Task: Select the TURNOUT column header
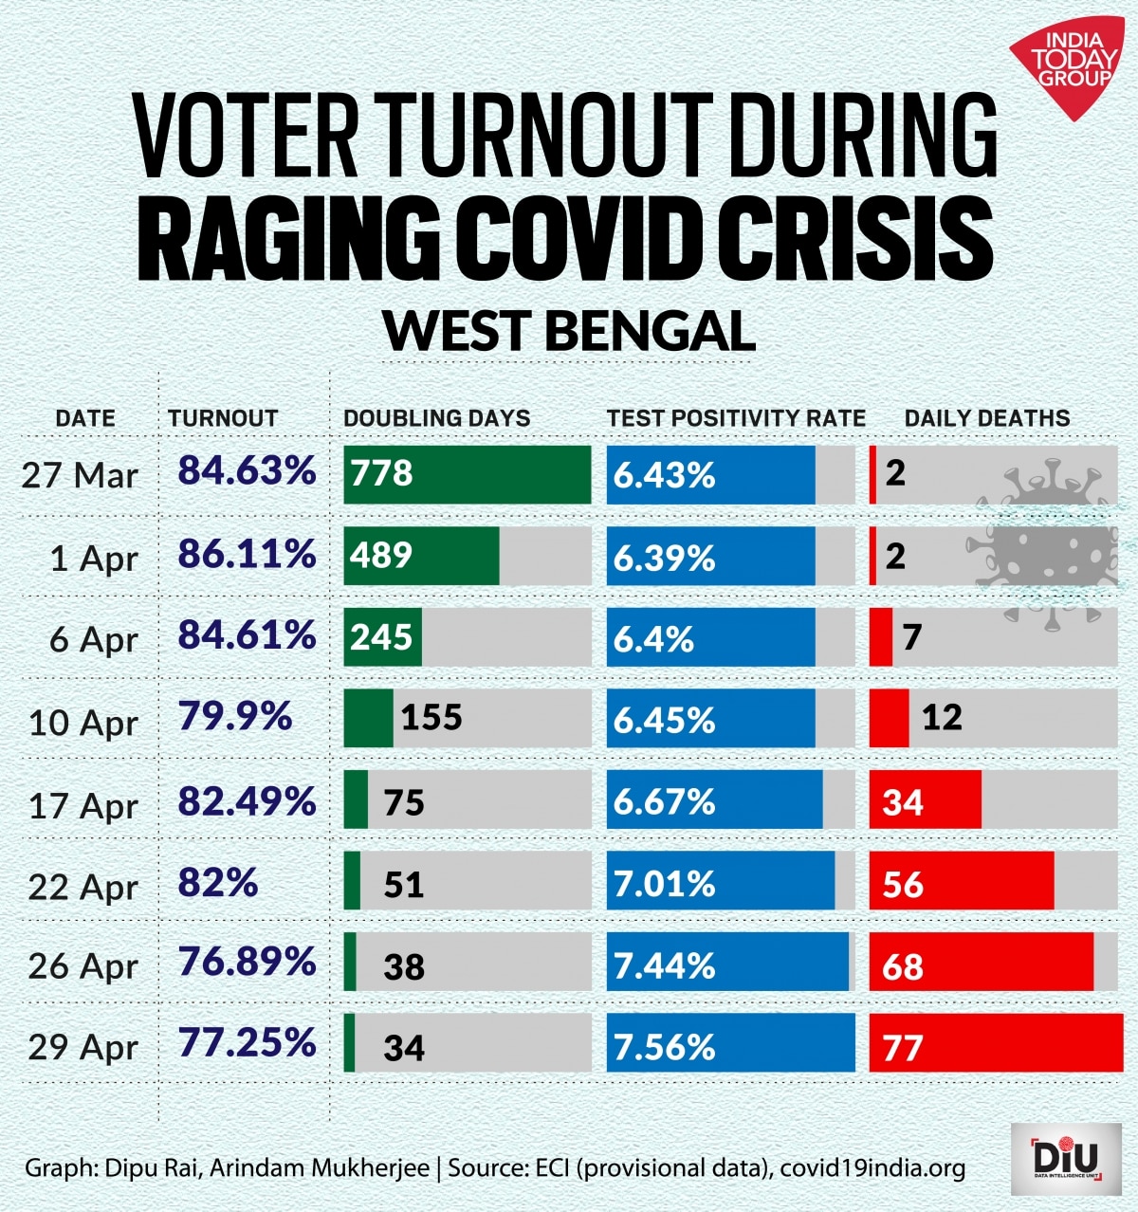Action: pos(223,418)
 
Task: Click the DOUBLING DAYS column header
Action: pos(436,418)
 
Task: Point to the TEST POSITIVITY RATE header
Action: pos(736,418)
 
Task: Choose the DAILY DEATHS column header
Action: pos(986,418)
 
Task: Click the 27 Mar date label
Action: pos(81,475)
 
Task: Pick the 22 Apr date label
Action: pos(83,887)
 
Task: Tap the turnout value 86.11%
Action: pos(247,553)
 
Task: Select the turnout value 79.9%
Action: pos(235,717)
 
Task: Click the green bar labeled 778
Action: pos(467,474)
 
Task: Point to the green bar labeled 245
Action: pos(382,637)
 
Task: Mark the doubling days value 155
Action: pos(431,718)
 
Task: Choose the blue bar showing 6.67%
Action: pos(715,802)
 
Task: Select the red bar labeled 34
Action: pos(925,802)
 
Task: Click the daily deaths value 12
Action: pos(942,718)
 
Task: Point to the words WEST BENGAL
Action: pos(569,331)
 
